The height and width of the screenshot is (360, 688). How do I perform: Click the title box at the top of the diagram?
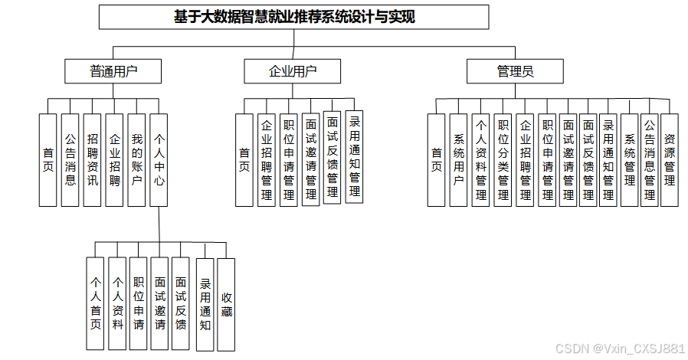(x=294, y=17)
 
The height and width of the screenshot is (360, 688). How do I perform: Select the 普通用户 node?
(x=113, y=72)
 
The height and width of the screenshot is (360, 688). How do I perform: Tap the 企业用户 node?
(x=293, y=72)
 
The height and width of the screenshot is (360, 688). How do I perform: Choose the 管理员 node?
(x=515, y=72)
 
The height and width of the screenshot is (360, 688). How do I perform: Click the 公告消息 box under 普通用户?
(x=70, y=160)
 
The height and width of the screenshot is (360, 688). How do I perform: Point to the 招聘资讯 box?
(x=92, y=160)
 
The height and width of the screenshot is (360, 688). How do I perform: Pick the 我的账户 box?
(x=136, y=160)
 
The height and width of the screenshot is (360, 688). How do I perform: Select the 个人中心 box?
(x=159, y=160)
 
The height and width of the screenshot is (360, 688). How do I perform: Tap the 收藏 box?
(x=227, y=304)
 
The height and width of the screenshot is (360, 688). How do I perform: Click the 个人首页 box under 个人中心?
(x=96, y=304)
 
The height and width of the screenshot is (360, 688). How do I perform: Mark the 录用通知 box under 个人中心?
(x=205, y=304)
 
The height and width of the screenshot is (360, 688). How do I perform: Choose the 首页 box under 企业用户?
(x=244, y=160)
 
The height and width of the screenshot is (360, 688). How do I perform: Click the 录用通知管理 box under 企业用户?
(x=354, y=156)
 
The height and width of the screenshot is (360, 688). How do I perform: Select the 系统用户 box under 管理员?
(x=458, y=160)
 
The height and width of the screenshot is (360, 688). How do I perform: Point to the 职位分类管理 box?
(x=503, y=160)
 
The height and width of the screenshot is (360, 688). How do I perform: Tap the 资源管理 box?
(x=670, y=160)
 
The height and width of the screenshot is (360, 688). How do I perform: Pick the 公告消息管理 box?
(x=649, y=160)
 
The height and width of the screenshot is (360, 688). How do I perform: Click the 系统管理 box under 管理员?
(x=629, y=160)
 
